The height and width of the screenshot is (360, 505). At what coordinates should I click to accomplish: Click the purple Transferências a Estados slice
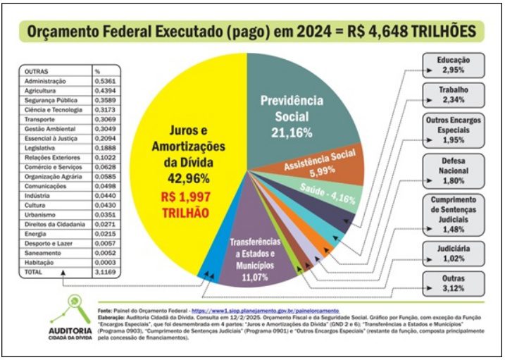(261, 254)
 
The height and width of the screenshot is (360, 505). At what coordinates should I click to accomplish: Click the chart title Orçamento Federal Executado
(251, 32)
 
